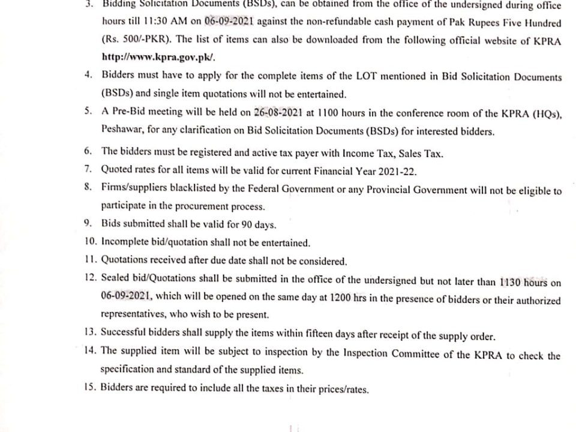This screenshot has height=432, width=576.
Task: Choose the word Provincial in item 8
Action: coord(395,190)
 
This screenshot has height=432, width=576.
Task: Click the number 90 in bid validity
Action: coord(244,225)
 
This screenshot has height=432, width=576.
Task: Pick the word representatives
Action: coord(133,314)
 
